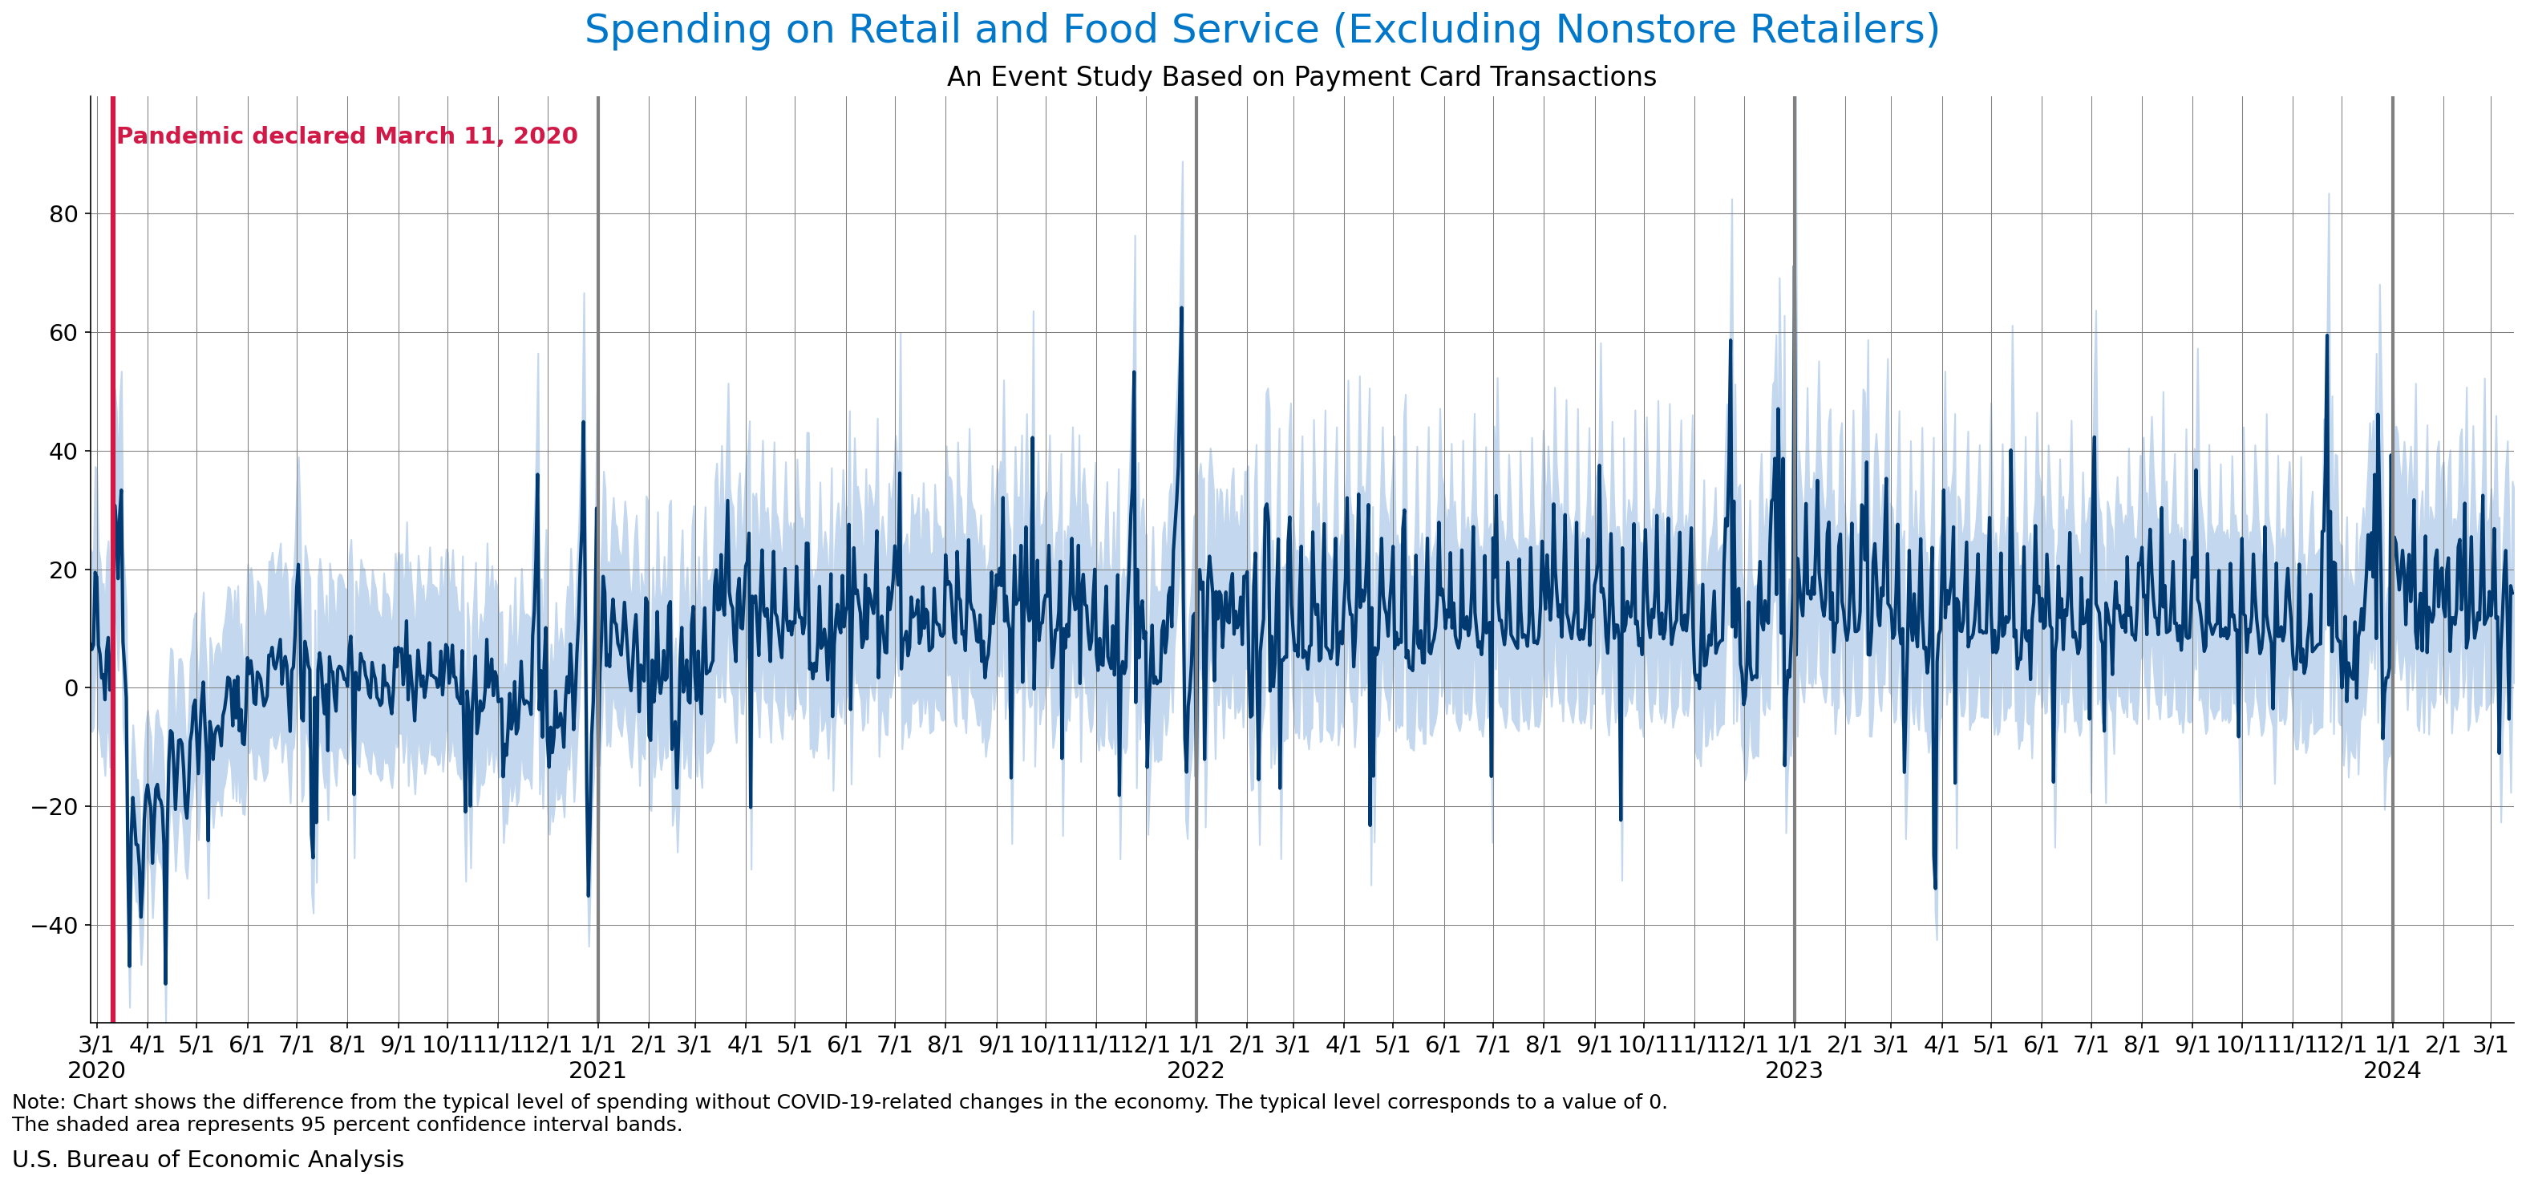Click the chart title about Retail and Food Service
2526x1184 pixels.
click(1262, 30)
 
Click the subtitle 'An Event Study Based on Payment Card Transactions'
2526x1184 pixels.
click(1301, 76)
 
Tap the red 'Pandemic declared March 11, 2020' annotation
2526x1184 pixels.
click(347, 136)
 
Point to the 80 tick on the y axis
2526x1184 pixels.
click(63, 214)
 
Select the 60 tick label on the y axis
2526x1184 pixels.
click(63, 333)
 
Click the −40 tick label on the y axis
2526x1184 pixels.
click(56, 925)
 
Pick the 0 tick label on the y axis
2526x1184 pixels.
click(71, 687)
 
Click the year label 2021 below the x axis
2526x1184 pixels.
click(597, 1070)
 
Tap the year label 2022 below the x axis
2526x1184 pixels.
click(1196, 1070)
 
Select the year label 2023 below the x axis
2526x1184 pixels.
click(1794, 1070)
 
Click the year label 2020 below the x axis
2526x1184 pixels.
click(96, 1070)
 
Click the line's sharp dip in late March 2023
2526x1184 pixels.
click(1935, 886)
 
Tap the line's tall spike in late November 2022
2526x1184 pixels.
click(1730, 342)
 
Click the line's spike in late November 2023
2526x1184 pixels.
click(2326, 336)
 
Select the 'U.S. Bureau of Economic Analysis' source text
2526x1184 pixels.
click(208, 1159)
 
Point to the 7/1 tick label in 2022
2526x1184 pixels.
click(1492, 1044)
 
